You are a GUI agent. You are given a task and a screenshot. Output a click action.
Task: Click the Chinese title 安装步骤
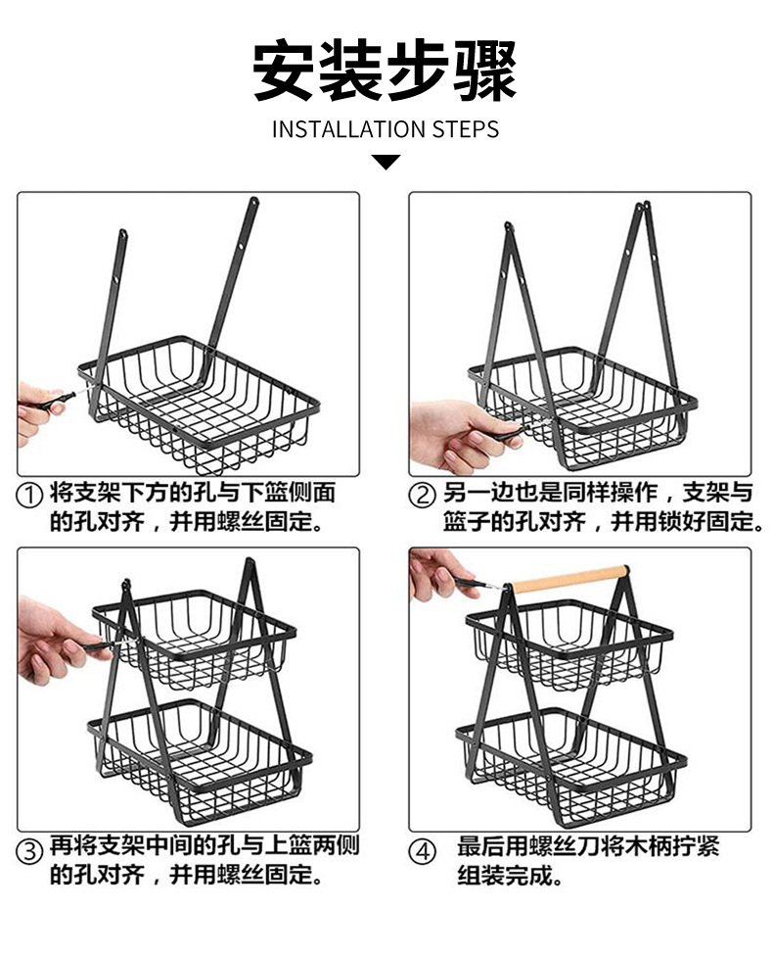point(386,72)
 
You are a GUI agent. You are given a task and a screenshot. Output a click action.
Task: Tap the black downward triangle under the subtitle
point(386,162)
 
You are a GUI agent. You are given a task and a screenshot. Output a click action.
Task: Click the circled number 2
point(423,496)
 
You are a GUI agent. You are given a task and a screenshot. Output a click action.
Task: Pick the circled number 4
point(423,851)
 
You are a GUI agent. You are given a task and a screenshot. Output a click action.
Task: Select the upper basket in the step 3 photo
point(196,637)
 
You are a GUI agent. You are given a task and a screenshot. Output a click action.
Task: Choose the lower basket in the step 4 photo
point(572,754)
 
